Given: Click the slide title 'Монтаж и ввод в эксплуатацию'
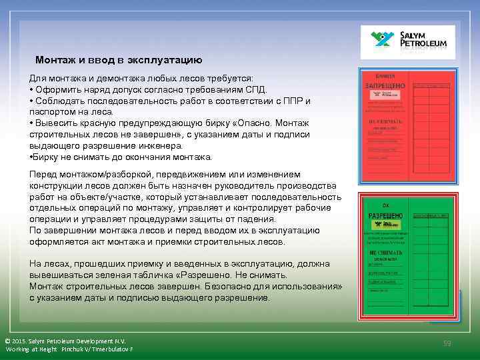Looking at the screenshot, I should tap(114, 60).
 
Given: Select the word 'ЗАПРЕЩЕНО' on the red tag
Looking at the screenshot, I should tap(383, 86).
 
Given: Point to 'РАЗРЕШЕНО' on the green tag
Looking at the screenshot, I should tap(385, 216).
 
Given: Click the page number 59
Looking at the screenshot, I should tap(448, 343).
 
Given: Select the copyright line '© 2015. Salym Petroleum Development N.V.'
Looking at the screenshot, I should tap(65, 340).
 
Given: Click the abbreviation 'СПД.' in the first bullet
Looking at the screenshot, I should tap(257, 90).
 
